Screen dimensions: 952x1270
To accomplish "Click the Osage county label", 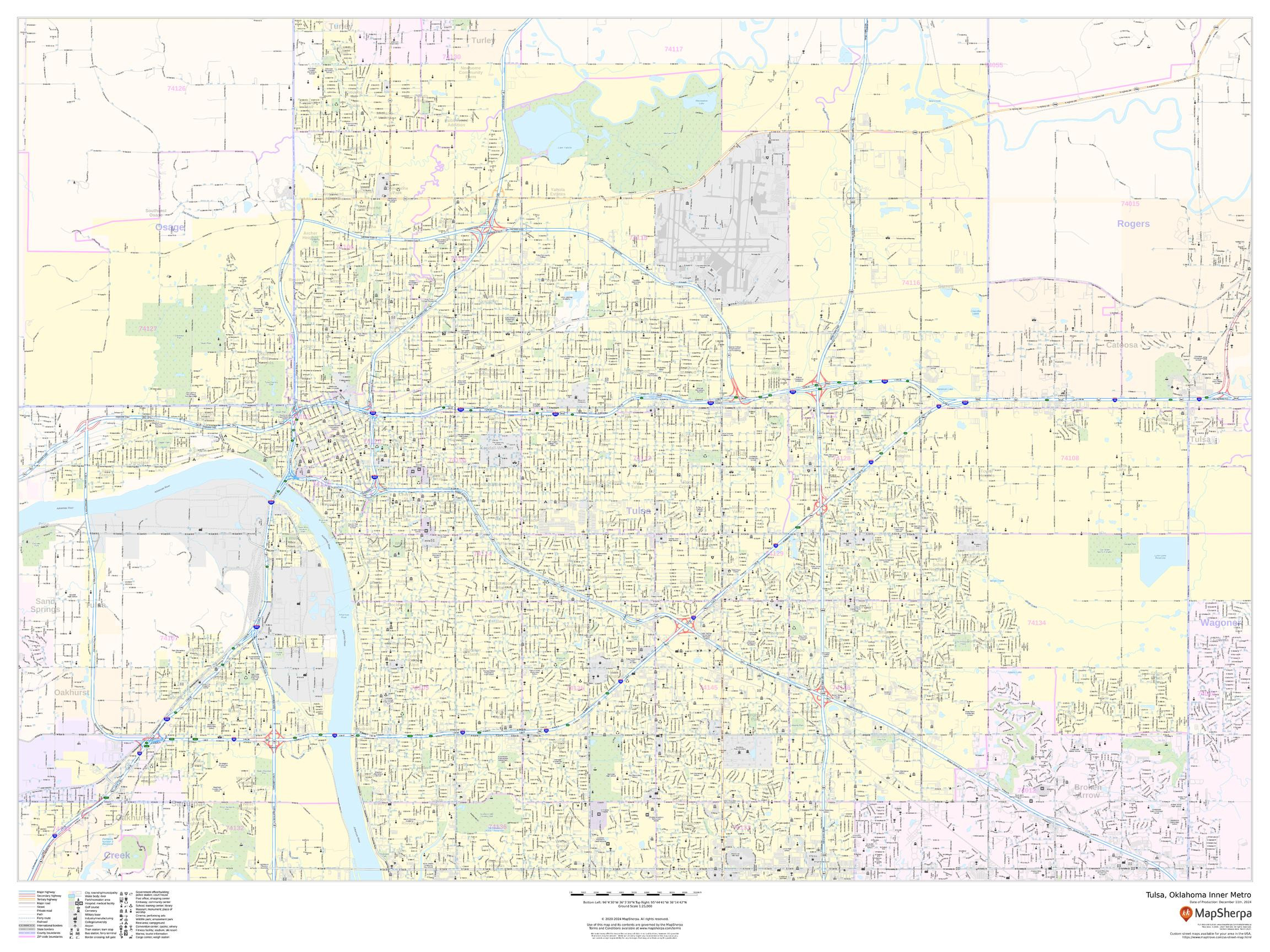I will tap(170, 227).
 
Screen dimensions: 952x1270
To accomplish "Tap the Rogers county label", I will tap(1133, 224).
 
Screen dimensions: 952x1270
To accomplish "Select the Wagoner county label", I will tap(1220, 623).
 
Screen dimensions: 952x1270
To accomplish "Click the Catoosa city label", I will tap(1121, 345).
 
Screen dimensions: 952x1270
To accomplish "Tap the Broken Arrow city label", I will tap(1088, 791).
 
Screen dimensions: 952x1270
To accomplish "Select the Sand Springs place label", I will tap(45, 605).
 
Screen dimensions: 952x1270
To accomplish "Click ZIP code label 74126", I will tap(176, 88).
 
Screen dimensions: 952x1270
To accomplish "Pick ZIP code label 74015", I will tap(1130, 204).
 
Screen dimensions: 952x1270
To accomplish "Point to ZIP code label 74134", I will tap(1037, 623).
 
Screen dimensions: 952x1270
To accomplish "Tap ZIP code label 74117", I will tap(674, 50).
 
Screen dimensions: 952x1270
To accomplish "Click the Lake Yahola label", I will tap(564, 148).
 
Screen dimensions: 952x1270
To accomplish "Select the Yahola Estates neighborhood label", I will tap(557, 192).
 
